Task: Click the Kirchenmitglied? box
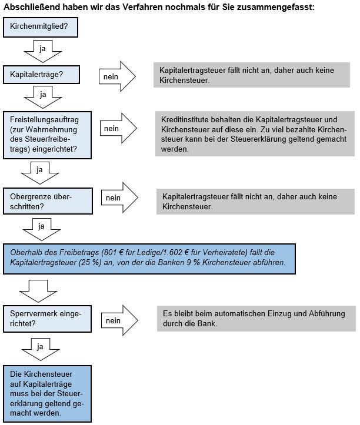click(x=41, y=27)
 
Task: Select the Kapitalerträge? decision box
click(x=41, y=74)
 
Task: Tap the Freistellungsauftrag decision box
click(x=47, y=135)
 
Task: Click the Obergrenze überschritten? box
click(x=48, y=201)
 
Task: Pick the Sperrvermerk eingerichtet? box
click(x=47, y=319)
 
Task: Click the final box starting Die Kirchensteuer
click(x=47, y=394)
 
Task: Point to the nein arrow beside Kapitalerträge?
click(x=117, y=76)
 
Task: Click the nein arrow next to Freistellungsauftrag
click(x=118, y=128)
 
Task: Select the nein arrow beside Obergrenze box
click(x=119, y=198)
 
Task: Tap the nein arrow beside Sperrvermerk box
click(x=119, y=320)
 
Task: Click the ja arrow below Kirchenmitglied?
click(x=42, y=52)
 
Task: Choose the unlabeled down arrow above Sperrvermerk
click(x=38, y=291)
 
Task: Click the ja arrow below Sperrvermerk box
click(x=40, y=349)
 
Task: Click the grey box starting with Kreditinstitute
click(x=255, y=134)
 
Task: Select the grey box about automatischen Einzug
click(x=256, y=319)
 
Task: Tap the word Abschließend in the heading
click(x=31, y=7)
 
